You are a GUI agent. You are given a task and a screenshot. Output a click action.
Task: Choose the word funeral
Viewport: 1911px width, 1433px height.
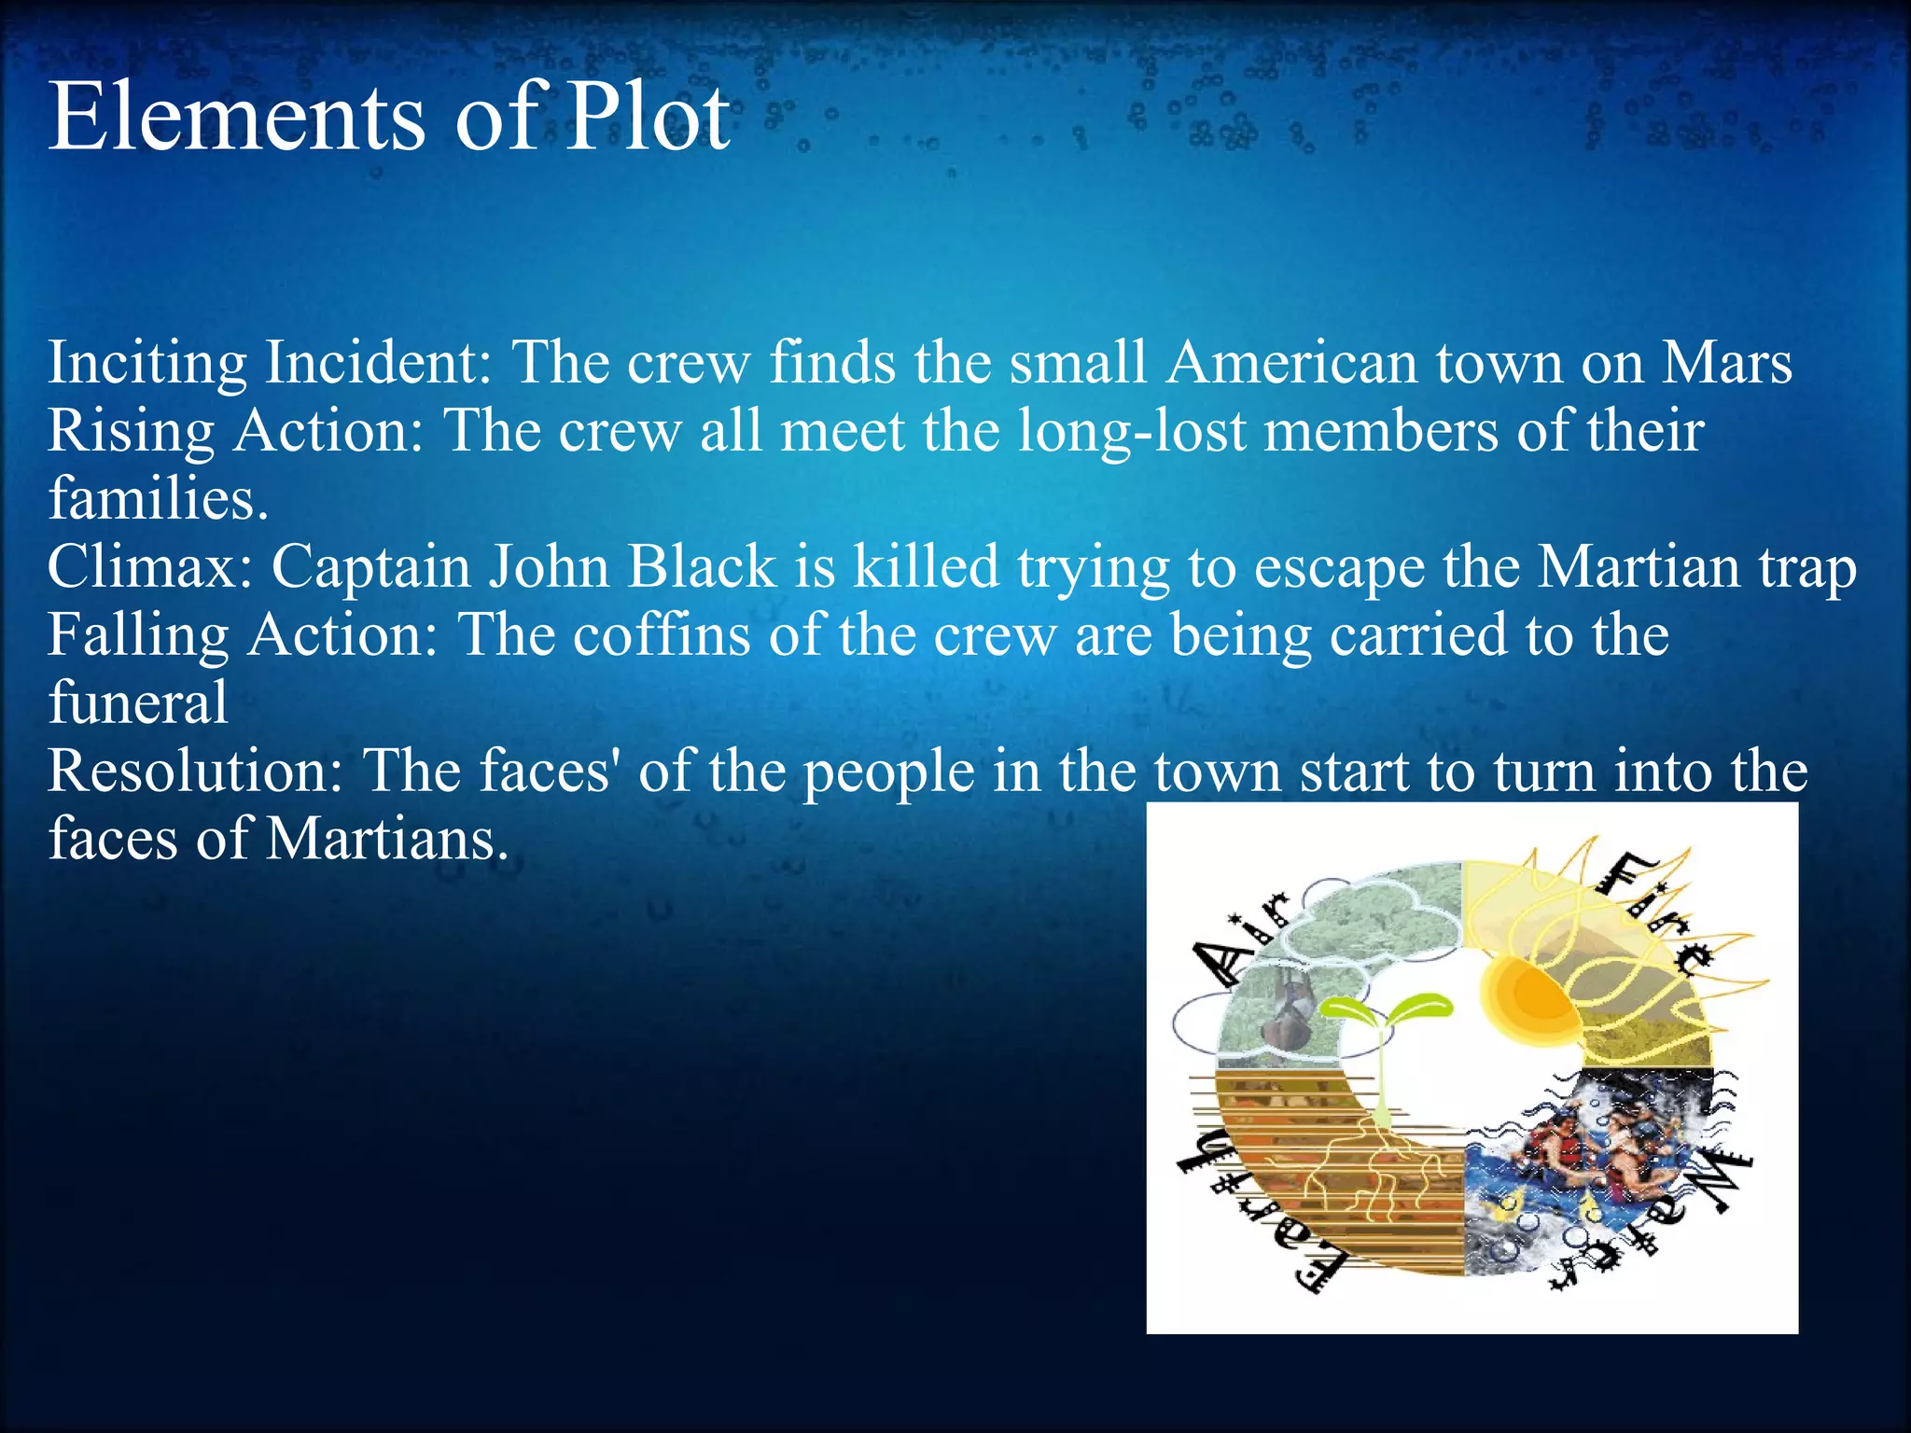pyautogui.click(x=138, y=703)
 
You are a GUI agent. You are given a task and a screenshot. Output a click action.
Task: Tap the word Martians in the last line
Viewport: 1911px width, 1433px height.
pyautogui.click(x=387, y=839)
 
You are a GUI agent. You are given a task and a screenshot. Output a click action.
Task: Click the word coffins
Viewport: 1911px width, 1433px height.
pyautogui.click(x=662, y=635)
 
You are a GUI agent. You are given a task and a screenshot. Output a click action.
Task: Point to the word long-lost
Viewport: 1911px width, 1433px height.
pyautogui.click(x=1132, y=432)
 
